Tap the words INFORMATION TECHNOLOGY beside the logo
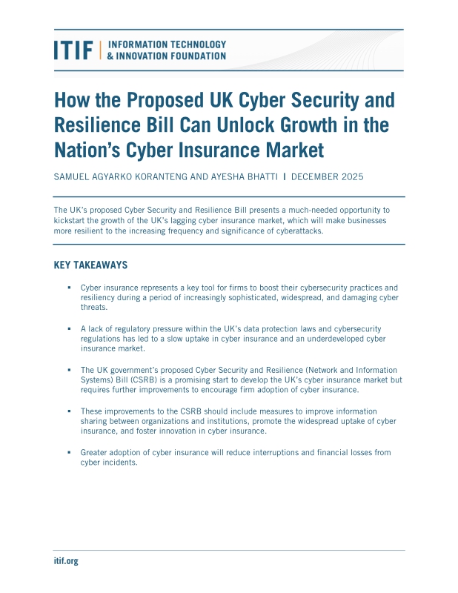point(167,44)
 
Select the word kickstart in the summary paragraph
point(72,221)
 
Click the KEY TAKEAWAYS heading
point(90,265)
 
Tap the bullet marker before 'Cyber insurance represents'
point(69,287)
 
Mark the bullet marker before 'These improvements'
point(69,411)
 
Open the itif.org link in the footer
point(66,561)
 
